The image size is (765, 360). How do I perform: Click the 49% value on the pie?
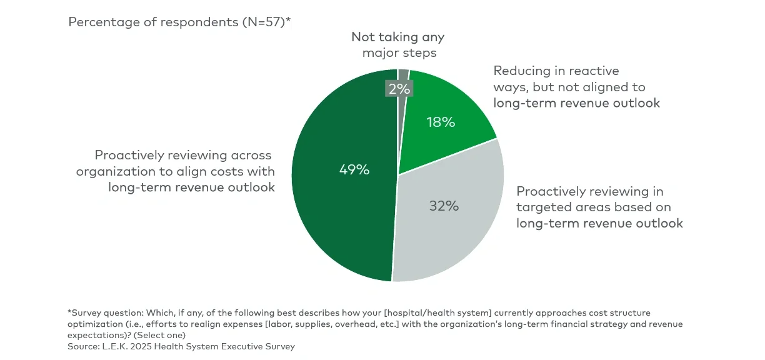(354, 169)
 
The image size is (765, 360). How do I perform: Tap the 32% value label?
(444, 206)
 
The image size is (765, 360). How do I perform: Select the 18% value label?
(441, 122)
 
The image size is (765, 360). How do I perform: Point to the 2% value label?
(399, 89)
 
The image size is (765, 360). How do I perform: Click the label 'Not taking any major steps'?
(399, 45)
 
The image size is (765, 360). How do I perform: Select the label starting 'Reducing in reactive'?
(576, 87)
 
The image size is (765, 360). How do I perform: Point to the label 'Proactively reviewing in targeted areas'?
(599, 207)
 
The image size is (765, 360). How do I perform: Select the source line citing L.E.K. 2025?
(181, 346)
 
